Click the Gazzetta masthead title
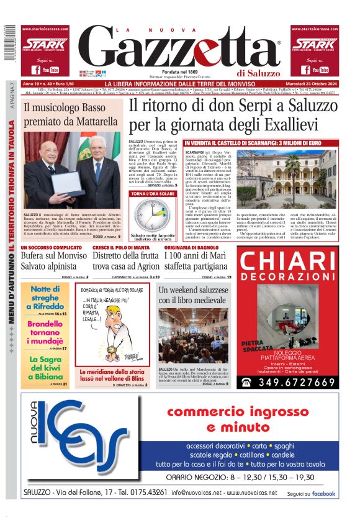(180, 48)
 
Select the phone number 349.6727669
(295, 383)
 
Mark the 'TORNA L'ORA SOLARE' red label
(152, 194)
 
